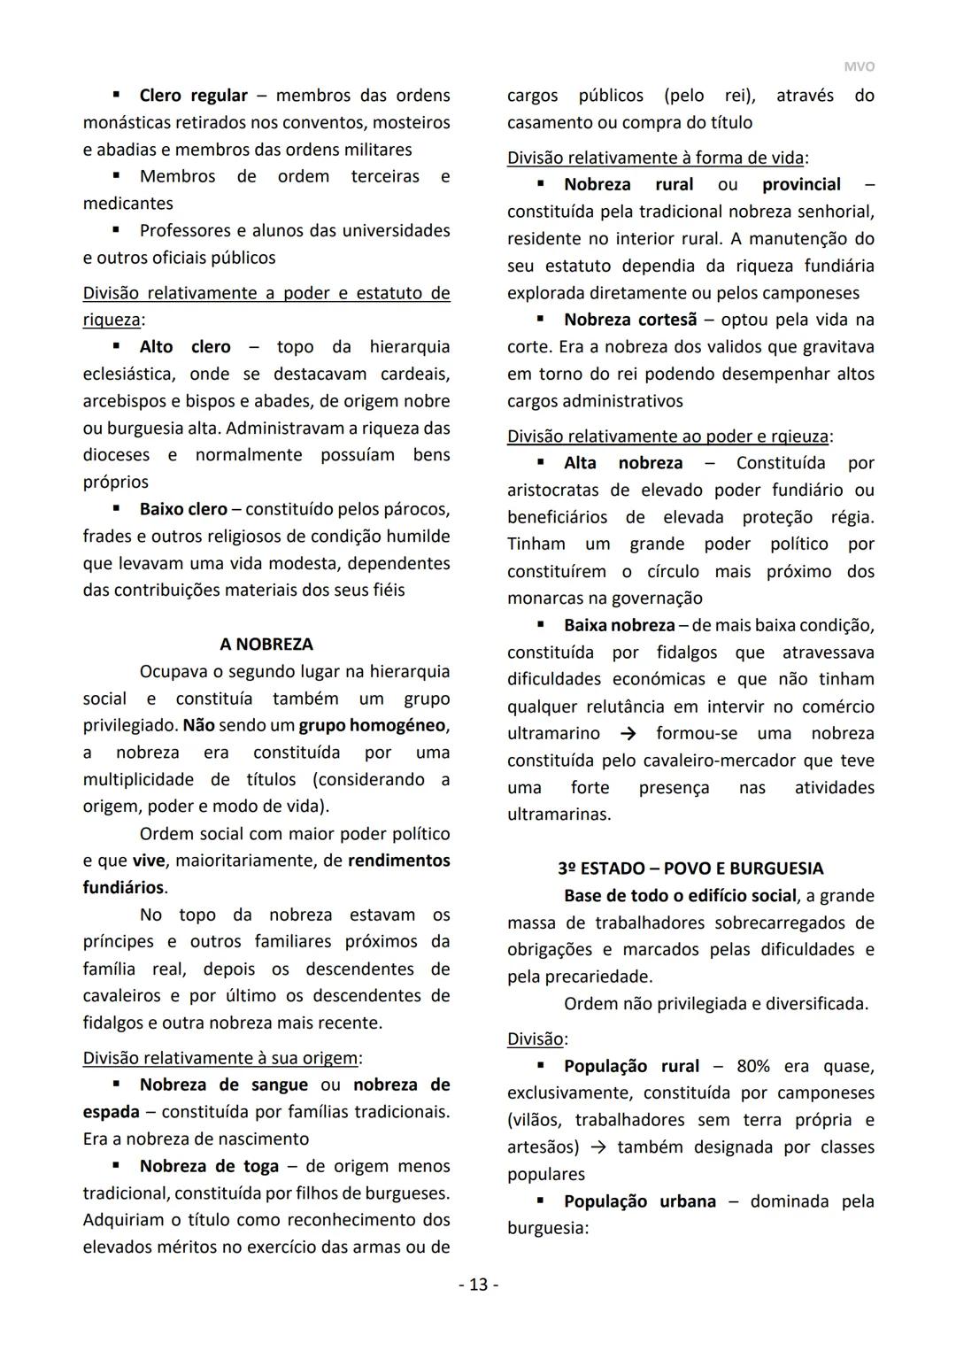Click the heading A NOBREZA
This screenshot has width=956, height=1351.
point(266,645)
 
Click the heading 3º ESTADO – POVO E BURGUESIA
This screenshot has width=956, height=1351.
point(690,868)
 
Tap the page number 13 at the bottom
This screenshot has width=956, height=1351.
point(478,1285)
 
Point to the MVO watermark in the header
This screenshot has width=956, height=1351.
point(859,67)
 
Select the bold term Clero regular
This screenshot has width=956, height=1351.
point(193,96)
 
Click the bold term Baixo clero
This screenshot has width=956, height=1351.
point(183,510)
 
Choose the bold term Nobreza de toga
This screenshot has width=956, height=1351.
point(209,1166)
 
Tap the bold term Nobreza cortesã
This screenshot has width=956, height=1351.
point(630,320)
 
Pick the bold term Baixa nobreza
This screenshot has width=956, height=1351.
point(619,626)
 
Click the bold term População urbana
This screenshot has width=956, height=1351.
point(639,1201)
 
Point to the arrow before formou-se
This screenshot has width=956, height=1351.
point(628,734)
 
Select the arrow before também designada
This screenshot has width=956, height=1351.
point(598,1147)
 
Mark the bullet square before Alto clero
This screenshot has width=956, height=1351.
point(116,346)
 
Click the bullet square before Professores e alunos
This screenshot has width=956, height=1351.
point(116,230)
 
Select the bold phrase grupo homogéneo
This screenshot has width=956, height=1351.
point(373,726)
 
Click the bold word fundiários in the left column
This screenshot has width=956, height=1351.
point(123,887)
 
